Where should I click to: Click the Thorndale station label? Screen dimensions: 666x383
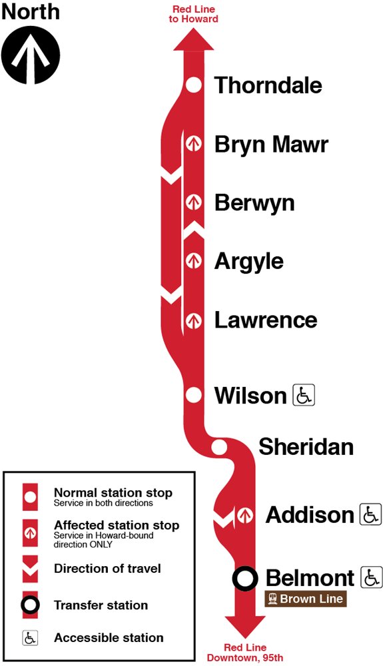268,85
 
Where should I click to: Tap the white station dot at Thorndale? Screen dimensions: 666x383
193,85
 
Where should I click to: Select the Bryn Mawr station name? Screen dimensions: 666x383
271,144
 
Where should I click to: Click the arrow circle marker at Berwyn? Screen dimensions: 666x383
193,201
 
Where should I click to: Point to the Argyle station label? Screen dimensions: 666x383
248,261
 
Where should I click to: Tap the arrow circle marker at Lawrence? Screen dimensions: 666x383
193,320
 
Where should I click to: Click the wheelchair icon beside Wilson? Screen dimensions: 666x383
304,396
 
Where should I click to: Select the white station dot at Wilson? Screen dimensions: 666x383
193,395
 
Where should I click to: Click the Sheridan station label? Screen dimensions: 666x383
306,447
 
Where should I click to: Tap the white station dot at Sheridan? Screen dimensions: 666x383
218,447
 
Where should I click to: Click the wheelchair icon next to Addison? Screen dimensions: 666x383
370,514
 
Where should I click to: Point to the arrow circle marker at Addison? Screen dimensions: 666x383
244,515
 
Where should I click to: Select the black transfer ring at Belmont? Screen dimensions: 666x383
244,578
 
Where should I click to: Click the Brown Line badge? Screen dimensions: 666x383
306,599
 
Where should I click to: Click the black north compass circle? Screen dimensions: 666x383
31,55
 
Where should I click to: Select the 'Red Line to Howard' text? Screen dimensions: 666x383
194,14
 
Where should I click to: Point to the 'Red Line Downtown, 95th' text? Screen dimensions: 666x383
244,653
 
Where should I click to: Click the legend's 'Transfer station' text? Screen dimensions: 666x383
101,605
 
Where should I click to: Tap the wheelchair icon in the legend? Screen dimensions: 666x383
31,637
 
